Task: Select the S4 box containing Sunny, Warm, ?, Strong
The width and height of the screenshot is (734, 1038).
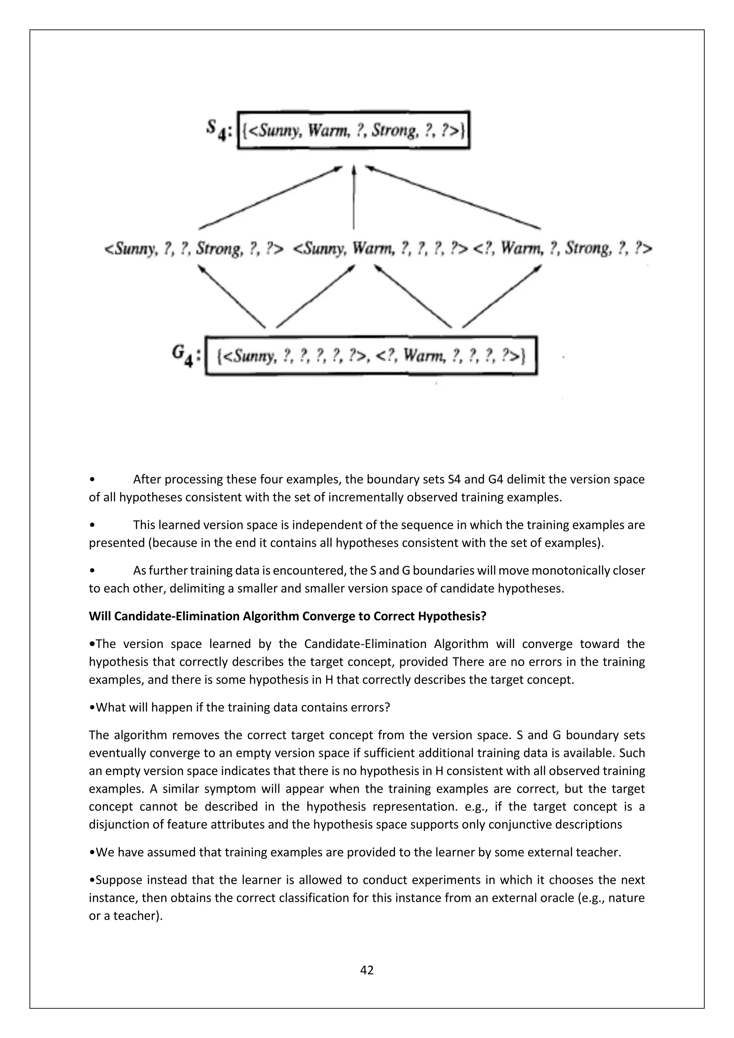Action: tap(354, 130)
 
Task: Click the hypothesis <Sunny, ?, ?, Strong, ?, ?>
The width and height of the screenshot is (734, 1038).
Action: tap(194, 249)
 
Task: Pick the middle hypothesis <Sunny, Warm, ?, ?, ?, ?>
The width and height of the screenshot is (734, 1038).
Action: tap(381, 249)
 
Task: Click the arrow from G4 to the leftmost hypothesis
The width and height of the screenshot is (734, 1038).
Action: tap(232, 296)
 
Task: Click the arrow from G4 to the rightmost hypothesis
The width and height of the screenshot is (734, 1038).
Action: tap(502, 296)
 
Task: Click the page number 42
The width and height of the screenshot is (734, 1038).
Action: tap(367, 970)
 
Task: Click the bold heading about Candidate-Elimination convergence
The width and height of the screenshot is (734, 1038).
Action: tap(287, 616)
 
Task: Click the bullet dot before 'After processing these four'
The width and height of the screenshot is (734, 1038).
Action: tap(92, 479)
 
